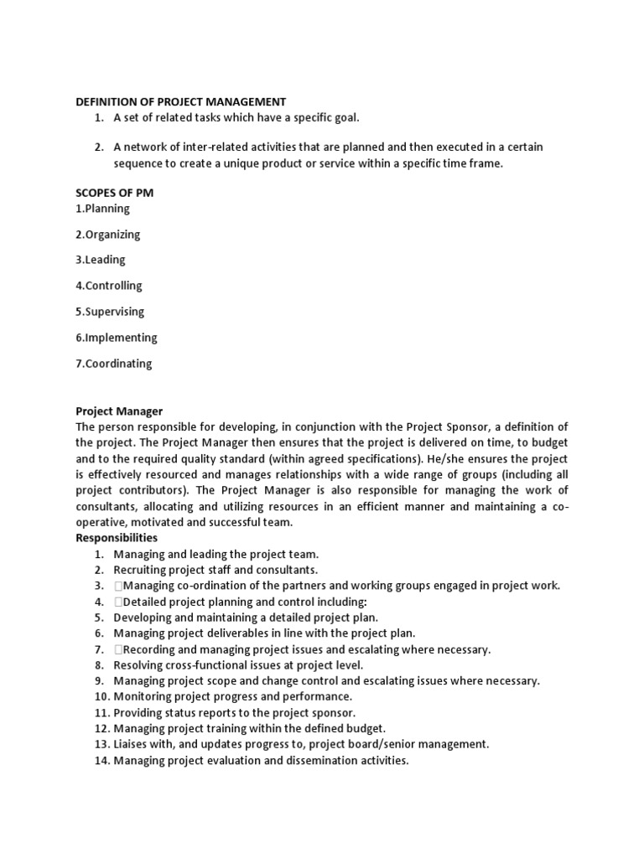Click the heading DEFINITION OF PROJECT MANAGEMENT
tap(181, 101)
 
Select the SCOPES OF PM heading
tap(115, 193)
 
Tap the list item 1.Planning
tap(103, 209)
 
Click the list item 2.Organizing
tap(108, 235)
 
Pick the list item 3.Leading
tap(101, 261)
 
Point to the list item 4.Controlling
tap(109, 286)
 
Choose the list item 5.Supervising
tap(110, 312)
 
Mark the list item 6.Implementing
tap(117, 338)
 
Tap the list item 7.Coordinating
tap(114, 364)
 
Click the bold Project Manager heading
tap(119, 411)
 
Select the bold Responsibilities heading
tap(117, 538)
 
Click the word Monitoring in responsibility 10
tap(143, 696)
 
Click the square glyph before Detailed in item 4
tap(118, 602)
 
